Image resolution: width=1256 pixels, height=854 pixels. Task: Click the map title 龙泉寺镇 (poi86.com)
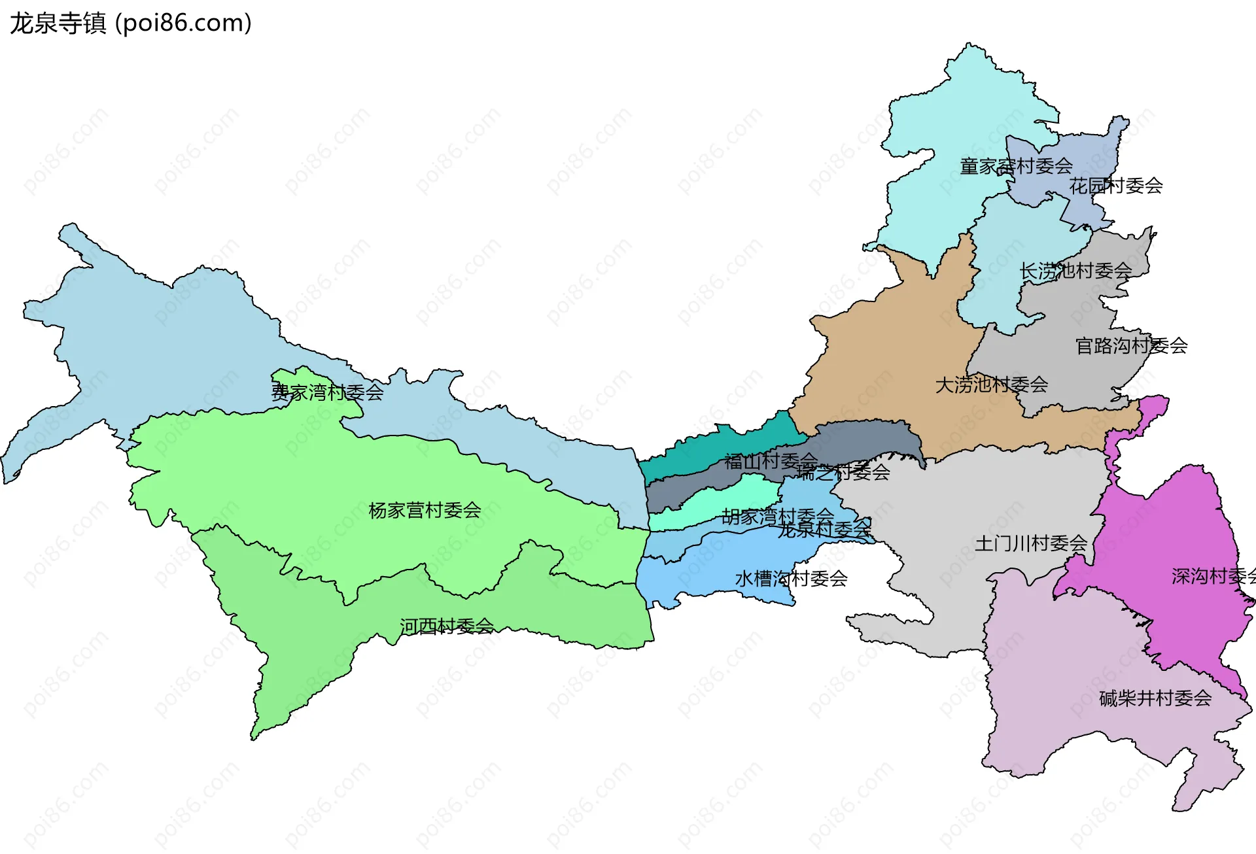131,24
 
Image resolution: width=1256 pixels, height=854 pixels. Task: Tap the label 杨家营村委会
425,510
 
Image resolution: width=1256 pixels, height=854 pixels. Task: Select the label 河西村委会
447,626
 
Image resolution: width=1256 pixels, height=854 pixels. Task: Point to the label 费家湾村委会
327,392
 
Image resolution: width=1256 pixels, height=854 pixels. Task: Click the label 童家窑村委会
1016,166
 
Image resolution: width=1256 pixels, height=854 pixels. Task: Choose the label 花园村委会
1115,186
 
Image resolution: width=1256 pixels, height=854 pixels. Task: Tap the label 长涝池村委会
1075,271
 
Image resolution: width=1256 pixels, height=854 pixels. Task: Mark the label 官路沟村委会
1131,345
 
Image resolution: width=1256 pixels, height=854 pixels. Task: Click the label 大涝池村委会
991,384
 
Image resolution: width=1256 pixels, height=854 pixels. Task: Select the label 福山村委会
770,461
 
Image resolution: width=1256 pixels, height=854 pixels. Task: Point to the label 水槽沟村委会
791,578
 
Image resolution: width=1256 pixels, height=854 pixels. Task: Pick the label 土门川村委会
1030,543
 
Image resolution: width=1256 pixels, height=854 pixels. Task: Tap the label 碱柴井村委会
1155,698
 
